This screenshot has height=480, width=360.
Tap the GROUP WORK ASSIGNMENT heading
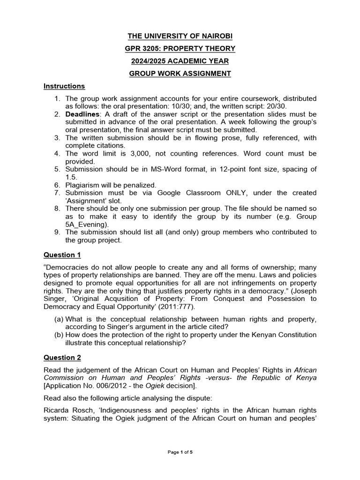click(180, 74)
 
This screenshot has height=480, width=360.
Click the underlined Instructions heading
click(64, 86)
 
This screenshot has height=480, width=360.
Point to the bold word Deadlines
click(82, 114)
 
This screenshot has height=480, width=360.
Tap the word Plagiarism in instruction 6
click(82, 185)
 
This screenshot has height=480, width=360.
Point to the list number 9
click(57, 232)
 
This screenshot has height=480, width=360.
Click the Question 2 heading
click(62, 358)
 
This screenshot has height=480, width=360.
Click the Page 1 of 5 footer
click(180, 452)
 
